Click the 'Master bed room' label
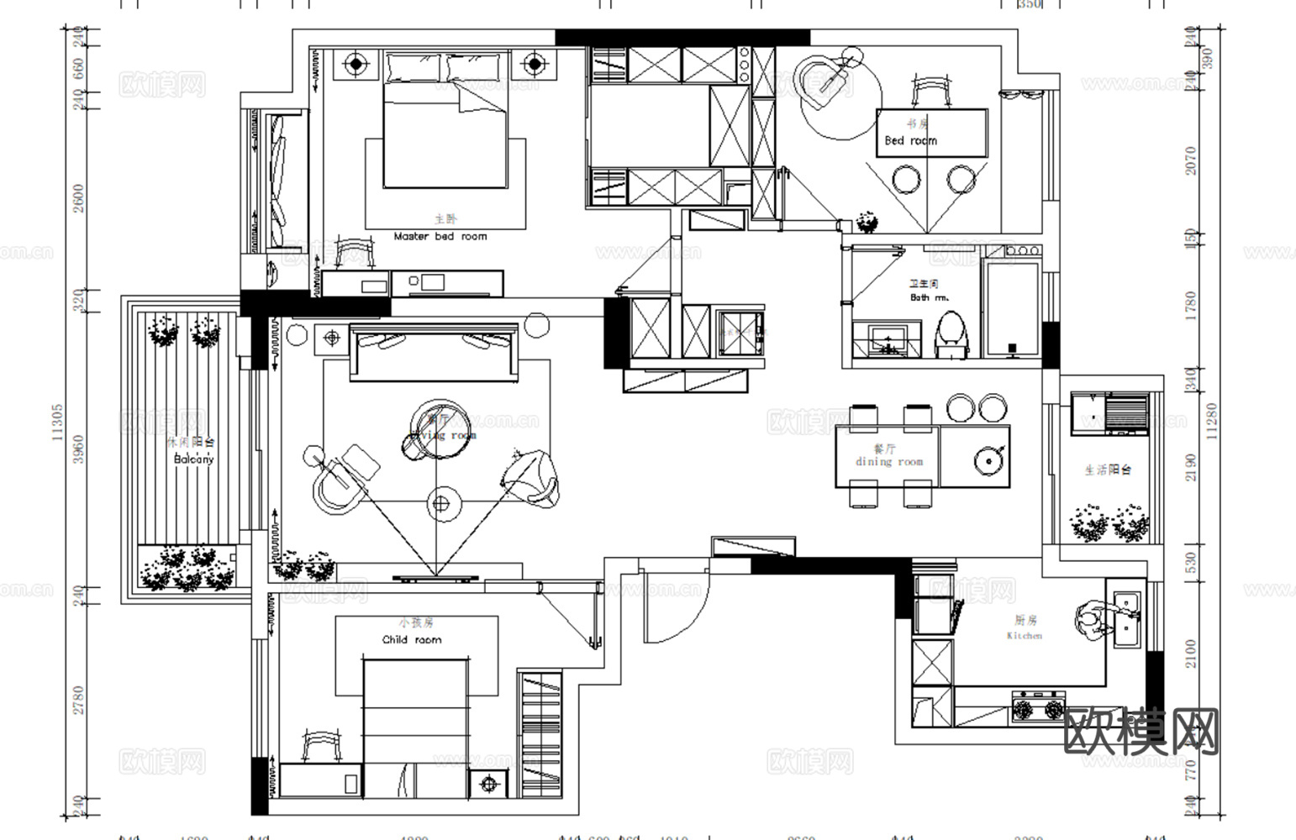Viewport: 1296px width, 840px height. click(x=440, y=237)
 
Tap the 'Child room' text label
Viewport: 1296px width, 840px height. click(x=411, y=639)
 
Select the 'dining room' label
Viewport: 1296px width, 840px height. click(x=889, y=461)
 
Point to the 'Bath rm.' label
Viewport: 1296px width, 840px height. click(x=929, y=297)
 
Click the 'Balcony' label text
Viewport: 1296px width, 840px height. click(x=194, y=459)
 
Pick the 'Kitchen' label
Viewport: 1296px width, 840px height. click(x=1024, y=636)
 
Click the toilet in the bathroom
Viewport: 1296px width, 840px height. click(x=951, y=334)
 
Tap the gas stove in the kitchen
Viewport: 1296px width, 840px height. click(x=1038, y=707)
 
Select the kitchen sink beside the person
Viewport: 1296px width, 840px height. click(x=1126, y=620)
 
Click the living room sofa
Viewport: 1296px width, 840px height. click(x=434, y=350)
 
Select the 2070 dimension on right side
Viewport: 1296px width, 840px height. click(x=1190, y=161)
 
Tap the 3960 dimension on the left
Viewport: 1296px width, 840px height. click(x=78, y=449)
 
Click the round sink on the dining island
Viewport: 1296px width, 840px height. click(x=986, y=459)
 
